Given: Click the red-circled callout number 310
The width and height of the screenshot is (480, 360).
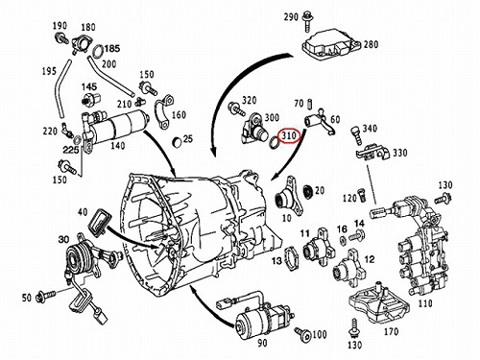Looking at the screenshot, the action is pos(289,135).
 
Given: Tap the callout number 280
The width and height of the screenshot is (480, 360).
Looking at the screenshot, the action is pos(371,44).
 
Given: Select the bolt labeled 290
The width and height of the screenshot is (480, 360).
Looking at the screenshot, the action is pos(307,22).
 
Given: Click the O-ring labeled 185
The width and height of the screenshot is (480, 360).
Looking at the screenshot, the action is pos(98,52).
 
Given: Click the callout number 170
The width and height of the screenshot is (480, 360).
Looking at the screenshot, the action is pos(391,331).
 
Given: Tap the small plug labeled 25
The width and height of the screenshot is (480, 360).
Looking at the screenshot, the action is pos(177,142).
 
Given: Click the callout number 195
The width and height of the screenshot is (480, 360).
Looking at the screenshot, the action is pos(49,71).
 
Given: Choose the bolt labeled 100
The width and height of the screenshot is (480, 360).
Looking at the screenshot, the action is pos(303,334).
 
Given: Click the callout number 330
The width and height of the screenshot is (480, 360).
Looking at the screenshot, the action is pos(400,153).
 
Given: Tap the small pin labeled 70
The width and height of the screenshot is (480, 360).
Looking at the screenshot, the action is pos(309,104).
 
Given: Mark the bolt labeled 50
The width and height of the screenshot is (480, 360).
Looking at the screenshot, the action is pos(46,296).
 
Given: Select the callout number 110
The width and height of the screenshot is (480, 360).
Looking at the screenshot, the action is pos(424,302).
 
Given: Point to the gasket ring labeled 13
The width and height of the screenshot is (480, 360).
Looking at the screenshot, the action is pos(292,258).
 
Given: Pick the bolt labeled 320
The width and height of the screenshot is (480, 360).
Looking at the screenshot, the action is pos(237,108).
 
